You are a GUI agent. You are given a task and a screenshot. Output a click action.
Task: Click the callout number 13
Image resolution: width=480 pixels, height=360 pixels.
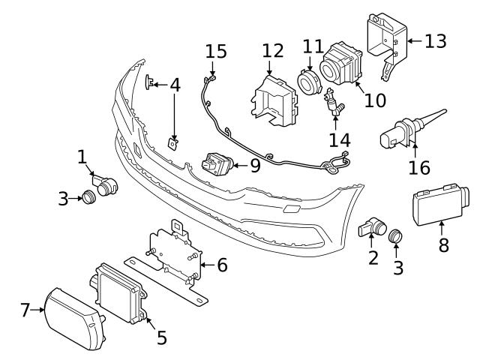(435, 40)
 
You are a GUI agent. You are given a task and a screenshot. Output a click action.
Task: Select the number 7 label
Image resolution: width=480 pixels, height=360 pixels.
(25, 308)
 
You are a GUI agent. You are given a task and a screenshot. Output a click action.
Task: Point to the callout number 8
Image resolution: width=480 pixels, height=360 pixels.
(443, 244)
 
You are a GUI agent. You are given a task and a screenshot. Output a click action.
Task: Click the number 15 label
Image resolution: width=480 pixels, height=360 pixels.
(216, 52)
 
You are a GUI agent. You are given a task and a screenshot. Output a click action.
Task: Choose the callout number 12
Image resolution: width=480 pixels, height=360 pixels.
(273, 52)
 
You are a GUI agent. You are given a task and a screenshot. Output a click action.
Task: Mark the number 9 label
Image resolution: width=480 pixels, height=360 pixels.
(255, 165)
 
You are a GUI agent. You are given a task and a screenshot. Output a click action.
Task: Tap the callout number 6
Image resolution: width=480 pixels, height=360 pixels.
(222, 264)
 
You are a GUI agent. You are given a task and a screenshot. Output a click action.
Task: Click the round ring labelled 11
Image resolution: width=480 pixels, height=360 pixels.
(308, 81)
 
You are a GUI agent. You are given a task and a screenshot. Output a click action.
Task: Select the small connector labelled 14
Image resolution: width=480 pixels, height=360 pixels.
(332, 104)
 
